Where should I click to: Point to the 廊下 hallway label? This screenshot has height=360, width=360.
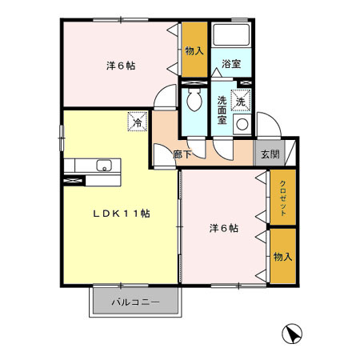click(183, 155)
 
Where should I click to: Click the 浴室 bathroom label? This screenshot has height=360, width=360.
click(232, 64)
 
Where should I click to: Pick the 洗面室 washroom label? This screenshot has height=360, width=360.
click(222, 111)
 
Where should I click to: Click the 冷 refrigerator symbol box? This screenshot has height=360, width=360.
click(138, 123)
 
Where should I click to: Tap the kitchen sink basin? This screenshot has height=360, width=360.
click(103, 166)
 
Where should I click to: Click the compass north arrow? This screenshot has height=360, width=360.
click(294, 333)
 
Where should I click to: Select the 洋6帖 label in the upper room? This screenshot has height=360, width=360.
click(121, 66)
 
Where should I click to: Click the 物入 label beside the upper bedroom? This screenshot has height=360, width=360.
click(194, 50)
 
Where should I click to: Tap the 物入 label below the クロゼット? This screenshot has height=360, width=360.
click(282, 257)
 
